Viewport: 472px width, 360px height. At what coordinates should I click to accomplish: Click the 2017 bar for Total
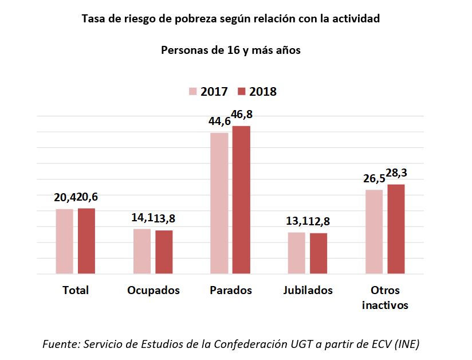point(65,241)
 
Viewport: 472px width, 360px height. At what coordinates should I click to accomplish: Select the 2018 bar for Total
point(86,241)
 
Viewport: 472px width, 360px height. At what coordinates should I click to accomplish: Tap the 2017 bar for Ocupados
point(142,251)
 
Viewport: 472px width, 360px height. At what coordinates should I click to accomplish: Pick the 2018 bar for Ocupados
point(164,252)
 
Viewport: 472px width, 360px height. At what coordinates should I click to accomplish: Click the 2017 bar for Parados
point(219,203)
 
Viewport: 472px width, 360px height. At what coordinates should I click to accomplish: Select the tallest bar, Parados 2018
point(241,199)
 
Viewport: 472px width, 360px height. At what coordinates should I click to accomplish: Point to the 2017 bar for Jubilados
point(297,253)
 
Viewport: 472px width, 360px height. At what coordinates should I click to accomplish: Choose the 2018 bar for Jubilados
point(318,253)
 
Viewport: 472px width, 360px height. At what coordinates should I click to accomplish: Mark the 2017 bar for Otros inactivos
point(374,232)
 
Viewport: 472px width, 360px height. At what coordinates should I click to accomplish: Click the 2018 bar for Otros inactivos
point(396,229)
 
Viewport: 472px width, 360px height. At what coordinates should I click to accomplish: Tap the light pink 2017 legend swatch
point(193,92)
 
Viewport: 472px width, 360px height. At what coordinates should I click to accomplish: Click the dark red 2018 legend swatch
point(241,92)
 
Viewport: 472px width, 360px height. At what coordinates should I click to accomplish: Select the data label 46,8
point(242,115)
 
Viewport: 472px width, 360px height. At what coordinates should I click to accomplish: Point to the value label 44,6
point(219,121)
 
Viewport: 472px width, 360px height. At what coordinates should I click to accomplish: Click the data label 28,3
point(396,173)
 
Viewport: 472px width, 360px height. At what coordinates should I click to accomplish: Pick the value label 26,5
point(373,179)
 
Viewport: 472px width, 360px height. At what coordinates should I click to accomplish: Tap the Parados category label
point(230,290)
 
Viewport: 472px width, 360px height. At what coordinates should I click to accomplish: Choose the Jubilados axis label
point(308,290)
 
